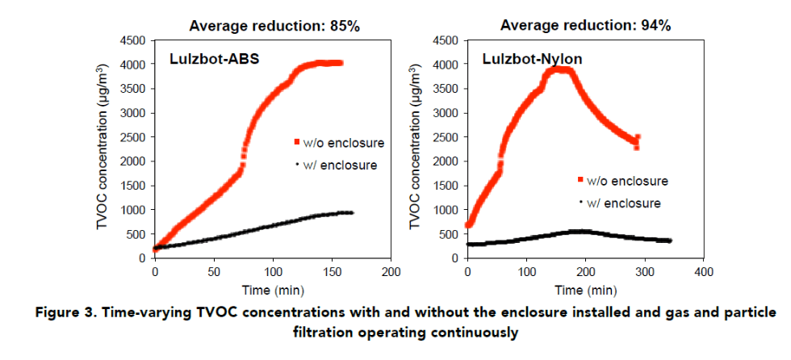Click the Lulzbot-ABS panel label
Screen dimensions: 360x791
207,58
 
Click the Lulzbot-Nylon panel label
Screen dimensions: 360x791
522,58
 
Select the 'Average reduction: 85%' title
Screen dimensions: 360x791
274,26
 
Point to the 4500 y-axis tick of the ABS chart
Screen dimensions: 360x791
132,40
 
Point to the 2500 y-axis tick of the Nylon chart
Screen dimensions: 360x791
445,137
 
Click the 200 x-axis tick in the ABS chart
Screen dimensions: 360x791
391,272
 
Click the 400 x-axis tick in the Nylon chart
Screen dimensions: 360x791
704,272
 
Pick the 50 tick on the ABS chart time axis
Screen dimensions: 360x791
214,272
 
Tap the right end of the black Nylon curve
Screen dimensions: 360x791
670,241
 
